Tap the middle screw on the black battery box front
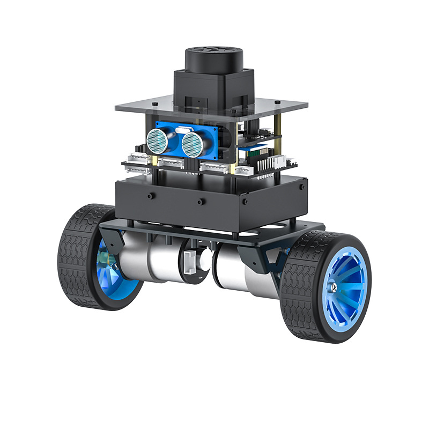point(199,202)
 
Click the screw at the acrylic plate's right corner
point(277,102)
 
